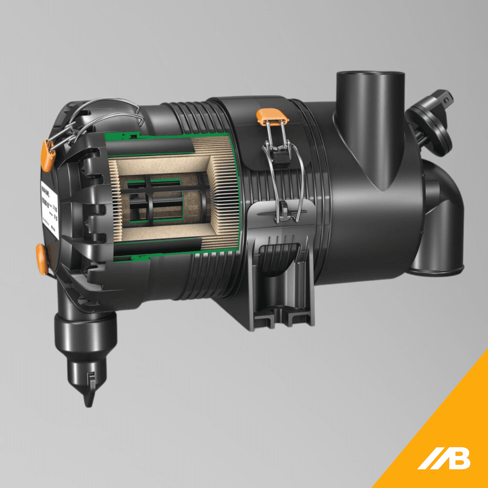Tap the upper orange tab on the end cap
48,155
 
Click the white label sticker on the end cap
49,210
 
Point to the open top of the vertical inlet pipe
370,76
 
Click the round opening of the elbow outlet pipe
437,269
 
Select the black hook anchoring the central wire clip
283,209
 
